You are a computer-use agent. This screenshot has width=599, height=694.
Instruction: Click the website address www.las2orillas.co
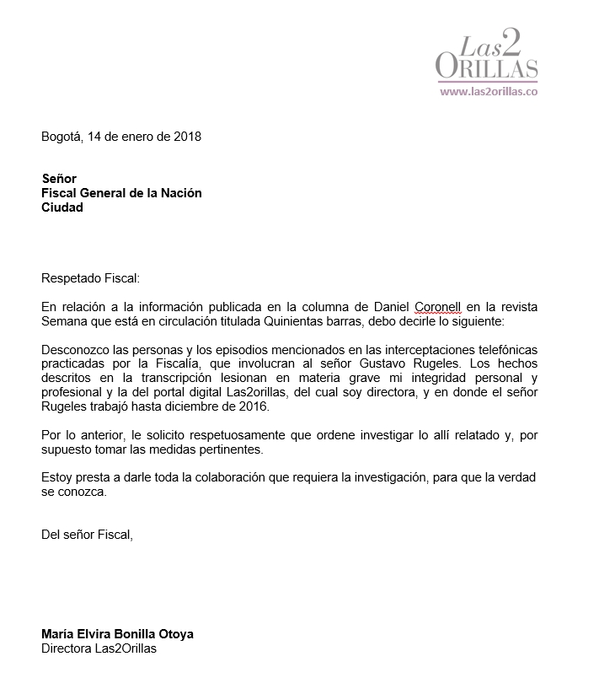pyautogui.click(x=489, y=92)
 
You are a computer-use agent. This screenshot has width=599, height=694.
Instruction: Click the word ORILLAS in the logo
pyautogui.click(x=487, y=67)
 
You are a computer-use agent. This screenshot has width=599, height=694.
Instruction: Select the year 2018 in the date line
pyautogui.click(x=187, y=136)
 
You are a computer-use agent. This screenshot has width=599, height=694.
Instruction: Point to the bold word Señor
pyautogui.click(x=59, y=179)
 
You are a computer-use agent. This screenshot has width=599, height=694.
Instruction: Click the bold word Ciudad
pyautogui.click(x=62, y=207)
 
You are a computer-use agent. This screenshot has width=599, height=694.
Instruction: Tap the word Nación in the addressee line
pyautogui.click(x=180, y=193)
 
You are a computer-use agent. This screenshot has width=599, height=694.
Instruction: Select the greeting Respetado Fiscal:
pyautogui.click(x=90, y=278)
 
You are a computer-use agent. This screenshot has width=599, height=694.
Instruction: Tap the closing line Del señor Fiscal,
pyautogui.click(x=88, y=534)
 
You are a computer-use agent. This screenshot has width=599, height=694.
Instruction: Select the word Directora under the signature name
pyautogui.click(x=67, y=648)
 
